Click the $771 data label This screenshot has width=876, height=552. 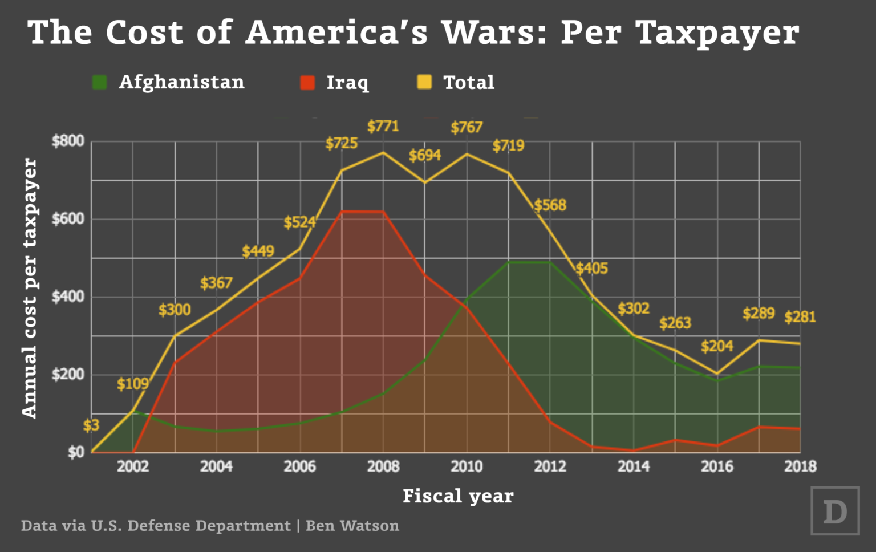coord(383,126)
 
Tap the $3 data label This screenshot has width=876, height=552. coord(91,425)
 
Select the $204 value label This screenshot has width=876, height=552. coord(717,346)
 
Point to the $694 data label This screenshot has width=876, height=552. coord(425,155)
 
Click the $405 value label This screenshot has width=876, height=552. coord(591,269)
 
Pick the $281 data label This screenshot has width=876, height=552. coord(800,317)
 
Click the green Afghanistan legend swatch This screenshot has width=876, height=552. coord(100,83)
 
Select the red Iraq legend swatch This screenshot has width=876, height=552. coord(307,83)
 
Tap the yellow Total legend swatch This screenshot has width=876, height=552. coord(424,83)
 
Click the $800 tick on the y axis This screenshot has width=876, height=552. coord(68,141)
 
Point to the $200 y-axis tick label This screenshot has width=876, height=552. coord(68,375)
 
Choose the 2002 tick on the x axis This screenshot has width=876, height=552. coord(133,466)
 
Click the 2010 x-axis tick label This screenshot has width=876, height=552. coord(467,466)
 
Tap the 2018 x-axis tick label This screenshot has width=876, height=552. coord(800,466)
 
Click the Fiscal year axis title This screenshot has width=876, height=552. coord(458,496)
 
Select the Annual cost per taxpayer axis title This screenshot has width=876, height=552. coord(29,288)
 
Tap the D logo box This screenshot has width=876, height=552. coord(835,511)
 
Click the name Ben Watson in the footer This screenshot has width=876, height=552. coord(352,526)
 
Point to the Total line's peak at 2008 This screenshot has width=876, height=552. coord(383,152)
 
